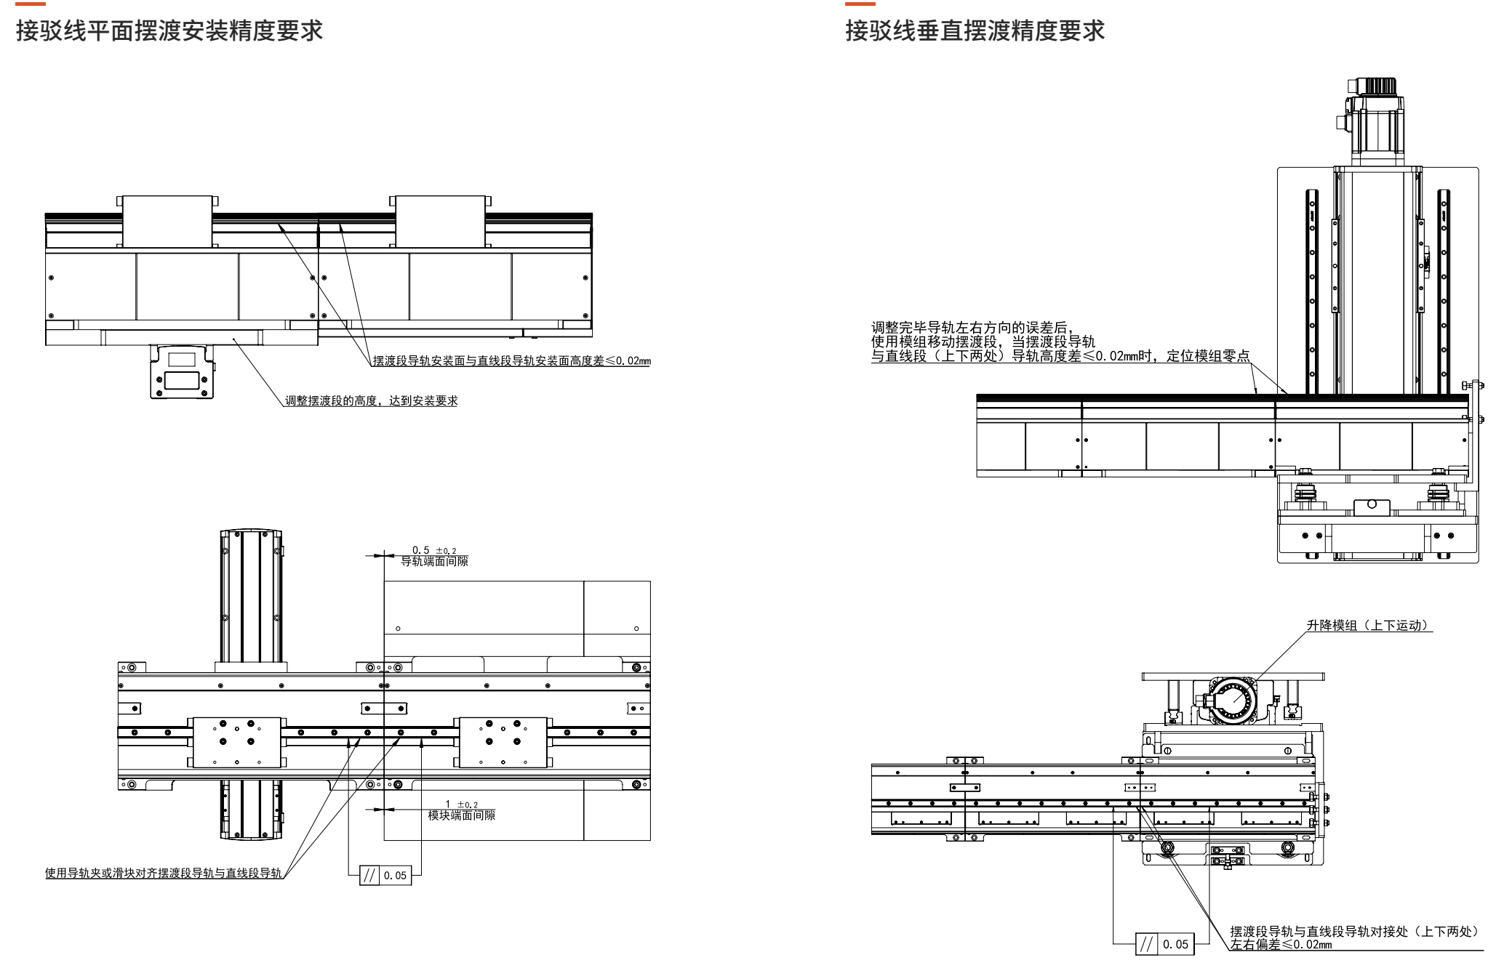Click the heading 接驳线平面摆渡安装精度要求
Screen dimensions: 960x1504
169,31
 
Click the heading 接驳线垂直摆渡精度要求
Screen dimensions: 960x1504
975,31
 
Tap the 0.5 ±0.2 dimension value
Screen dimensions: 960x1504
434,550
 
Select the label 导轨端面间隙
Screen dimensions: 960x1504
434,561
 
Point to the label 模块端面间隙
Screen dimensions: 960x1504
461,815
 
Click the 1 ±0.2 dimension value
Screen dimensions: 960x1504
461,804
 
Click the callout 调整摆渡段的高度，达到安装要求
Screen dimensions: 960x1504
371,400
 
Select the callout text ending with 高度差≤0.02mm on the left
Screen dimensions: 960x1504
511,360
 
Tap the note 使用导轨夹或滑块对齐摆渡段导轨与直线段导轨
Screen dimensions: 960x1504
163,873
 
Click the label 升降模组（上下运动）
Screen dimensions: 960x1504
1368,625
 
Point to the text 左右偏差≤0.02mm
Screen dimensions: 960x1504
1281,945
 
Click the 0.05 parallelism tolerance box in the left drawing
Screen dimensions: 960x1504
385,876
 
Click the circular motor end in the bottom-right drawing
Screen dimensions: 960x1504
1232,703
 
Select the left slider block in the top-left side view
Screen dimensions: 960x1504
167,222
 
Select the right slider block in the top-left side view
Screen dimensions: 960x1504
440,222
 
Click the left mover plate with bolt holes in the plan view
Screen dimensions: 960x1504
236,742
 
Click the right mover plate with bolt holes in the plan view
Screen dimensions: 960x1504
503,742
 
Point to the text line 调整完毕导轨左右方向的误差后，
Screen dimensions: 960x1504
972,328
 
